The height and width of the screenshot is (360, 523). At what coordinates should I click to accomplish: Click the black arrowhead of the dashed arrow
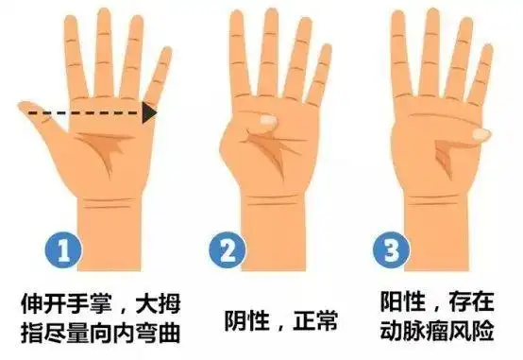pos(149,113)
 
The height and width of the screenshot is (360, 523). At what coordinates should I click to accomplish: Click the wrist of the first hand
pos(99,213)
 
